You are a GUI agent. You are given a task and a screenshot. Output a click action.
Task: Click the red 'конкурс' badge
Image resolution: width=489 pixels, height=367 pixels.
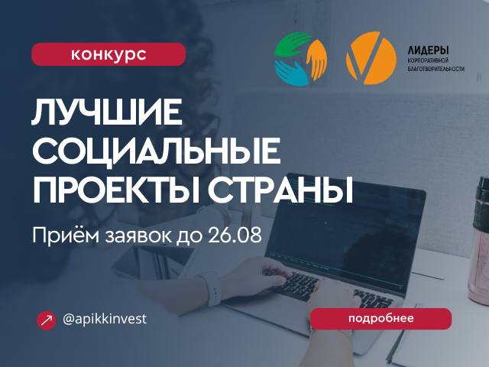[108, 54]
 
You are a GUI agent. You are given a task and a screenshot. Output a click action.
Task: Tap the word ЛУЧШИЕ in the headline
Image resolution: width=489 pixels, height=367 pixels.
[107, 112]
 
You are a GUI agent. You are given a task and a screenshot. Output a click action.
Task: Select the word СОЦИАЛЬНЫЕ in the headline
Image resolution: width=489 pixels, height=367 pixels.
[156, 151]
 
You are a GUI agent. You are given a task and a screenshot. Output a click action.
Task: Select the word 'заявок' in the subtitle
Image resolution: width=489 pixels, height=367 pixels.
[138, 236]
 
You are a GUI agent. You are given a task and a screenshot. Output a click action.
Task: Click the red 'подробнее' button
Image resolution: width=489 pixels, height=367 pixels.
[381, 319]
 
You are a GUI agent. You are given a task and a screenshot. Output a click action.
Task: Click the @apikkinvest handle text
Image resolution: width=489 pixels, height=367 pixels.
[105, 320]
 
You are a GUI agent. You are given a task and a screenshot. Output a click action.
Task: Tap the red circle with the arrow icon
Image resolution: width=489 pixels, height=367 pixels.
[46, 320]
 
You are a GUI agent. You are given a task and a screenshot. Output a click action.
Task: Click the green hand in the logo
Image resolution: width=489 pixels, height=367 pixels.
[292, 44]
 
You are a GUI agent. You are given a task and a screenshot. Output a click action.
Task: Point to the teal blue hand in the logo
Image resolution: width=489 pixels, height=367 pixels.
[290, 73]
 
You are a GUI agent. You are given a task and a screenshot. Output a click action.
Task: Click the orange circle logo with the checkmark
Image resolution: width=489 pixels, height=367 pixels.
[371, 58]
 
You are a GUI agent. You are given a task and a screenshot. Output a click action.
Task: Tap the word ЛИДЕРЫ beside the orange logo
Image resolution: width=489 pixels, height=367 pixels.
[428, 50]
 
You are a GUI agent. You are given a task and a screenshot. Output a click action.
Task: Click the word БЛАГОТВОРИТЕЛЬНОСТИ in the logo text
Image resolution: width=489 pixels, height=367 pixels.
[436, 69]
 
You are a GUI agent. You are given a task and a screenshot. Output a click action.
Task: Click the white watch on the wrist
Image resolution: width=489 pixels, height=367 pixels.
[213, 290]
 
